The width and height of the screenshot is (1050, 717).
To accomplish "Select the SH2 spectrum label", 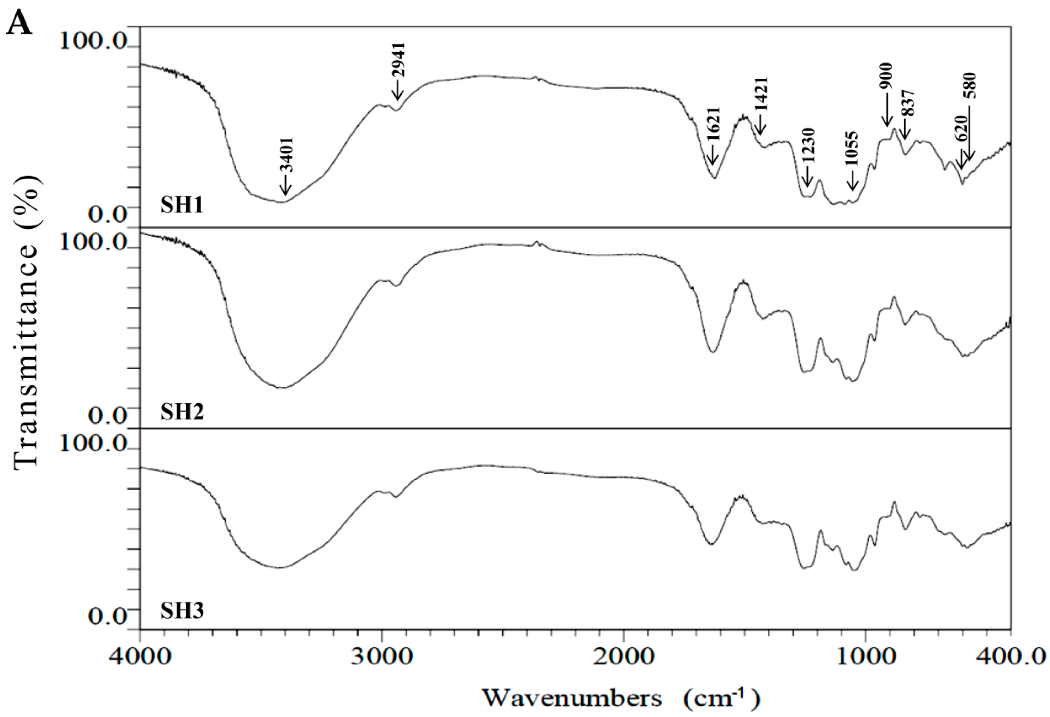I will [x=182, y=412].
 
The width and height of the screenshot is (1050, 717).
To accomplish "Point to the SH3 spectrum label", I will [x=182, y=611].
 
